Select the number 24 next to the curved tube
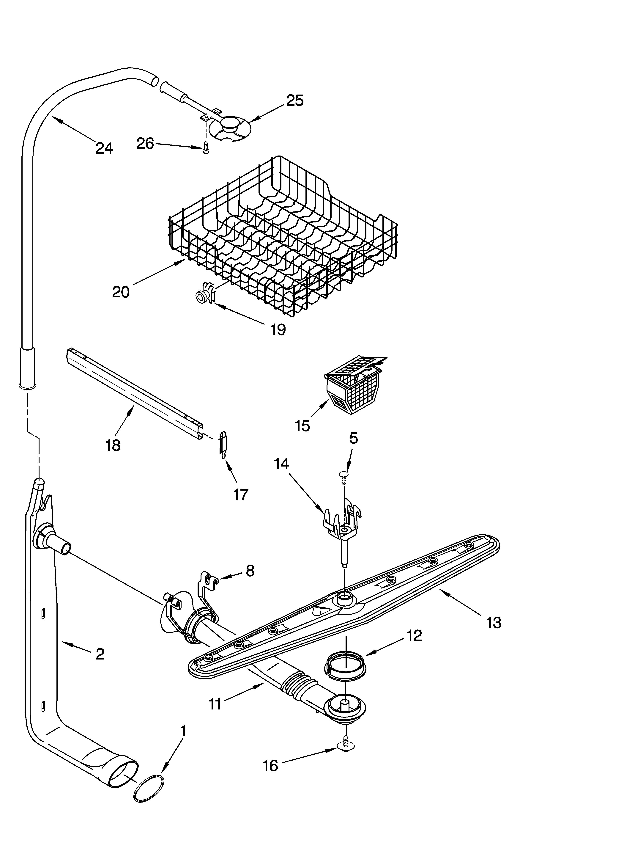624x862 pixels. (x=104, y=148)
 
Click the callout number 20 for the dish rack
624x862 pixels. (x=121, y=292)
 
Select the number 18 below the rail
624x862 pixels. (x=113, y=445)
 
